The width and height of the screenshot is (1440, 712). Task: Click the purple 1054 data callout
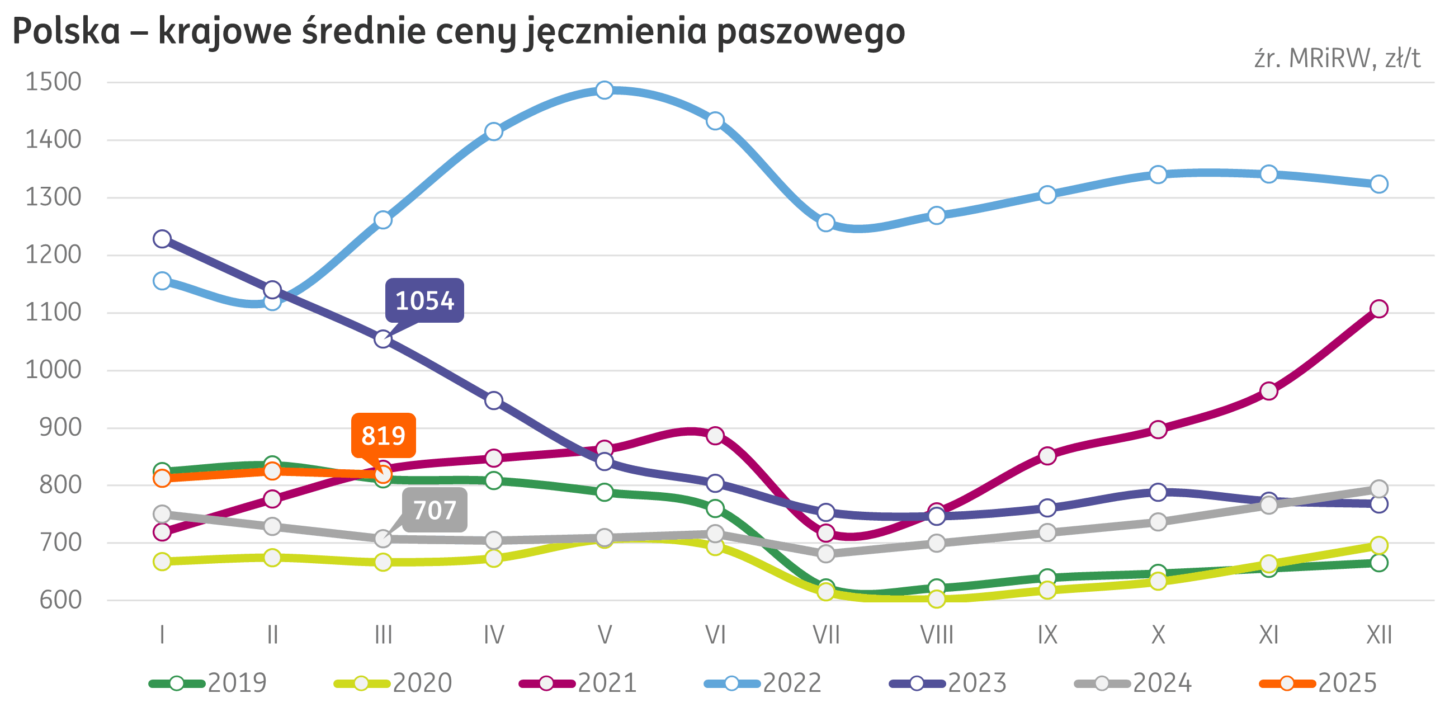[424, 301]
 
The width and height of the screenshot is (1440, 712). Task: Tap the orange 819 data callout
[383, 436]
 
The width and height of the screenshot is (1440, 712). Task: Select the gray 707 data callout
[435, 510]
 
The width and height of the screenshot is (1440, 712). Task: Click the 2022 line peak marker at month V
[604, 90]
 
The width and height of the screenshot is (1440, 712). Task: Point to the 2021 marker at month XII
[1379, 309]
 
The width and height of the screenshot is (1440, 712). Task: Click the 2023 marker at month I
[162, 239]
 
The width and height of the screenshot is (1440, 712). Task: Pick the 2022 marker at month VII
[825, 223]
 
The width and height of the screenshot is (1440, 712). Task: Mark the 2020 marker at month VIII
[937, 599]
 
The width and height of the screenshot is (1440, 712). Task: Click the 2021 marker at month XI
[1269, 391]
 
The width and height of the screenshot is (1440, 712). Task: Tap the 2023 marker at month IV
[494, 400]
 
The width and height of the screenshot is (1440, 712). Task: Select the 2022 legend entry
[763, 683]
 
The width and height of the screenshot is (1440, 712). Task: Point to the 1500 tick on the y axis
[54, 82]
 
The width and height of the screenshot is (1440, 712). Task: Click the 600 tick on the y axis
[60, 600]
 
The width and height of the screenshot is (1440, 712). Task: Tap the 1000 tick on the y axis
[54, 370]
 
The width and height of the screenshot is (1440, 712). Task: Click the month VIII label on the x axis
[937, 635]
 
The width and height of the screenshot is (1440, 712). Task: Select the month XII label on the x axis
[1379, 635]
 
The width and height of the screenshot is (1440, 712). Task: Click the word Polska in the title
[66, 31]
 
